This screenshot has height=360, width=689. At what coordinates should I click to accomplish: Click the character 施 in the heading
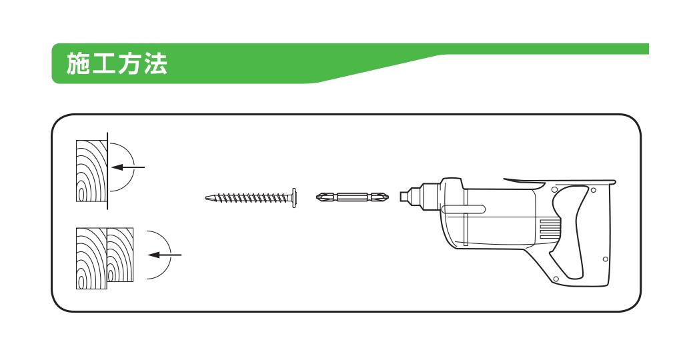(79, 63)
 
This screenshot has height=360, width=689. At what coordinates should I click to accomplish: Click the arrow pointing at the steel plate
(128, 167)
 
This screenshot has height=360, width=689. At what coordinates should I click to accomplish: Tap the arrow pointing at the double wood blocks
(164, 255)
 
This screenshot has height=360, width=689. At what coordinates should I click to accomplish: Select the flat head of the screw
(293, 197)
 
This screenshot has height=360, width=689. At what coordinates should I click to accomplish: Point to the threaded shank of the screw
(248, 197)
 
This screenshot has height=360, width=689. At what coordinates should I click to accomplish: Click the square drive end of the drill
(404, 195)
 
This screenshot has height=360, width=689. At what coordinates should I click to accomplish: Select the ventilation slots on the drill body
(550, 229)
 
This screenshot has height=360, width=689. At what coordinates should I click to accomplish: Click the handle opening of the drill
(571, 233)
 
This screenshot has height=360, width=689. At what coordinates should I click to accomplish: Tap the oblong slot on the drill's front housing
(464, 209)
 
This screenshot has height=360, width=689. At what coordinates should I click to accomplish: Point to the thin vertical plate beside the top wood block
(107, 171)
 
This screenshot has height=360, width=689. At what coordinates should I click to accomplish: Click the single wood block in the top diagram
(91, 171)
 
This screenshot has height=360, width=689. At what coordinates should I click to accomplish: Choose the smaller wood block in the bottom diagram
(120, 255)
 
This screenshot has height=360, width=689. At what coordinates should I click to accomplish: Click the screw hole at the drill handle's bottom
(556, 279)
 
